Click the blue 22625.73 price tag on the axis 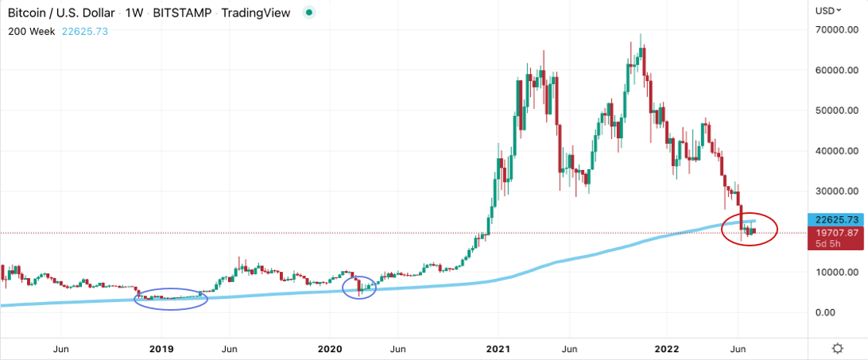(835, 219)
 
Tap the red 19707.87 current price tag (835, 233)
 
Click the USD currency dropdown (831, 11)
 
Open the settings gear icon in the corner (837, 349)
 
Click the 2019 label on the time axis (161, 349)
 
